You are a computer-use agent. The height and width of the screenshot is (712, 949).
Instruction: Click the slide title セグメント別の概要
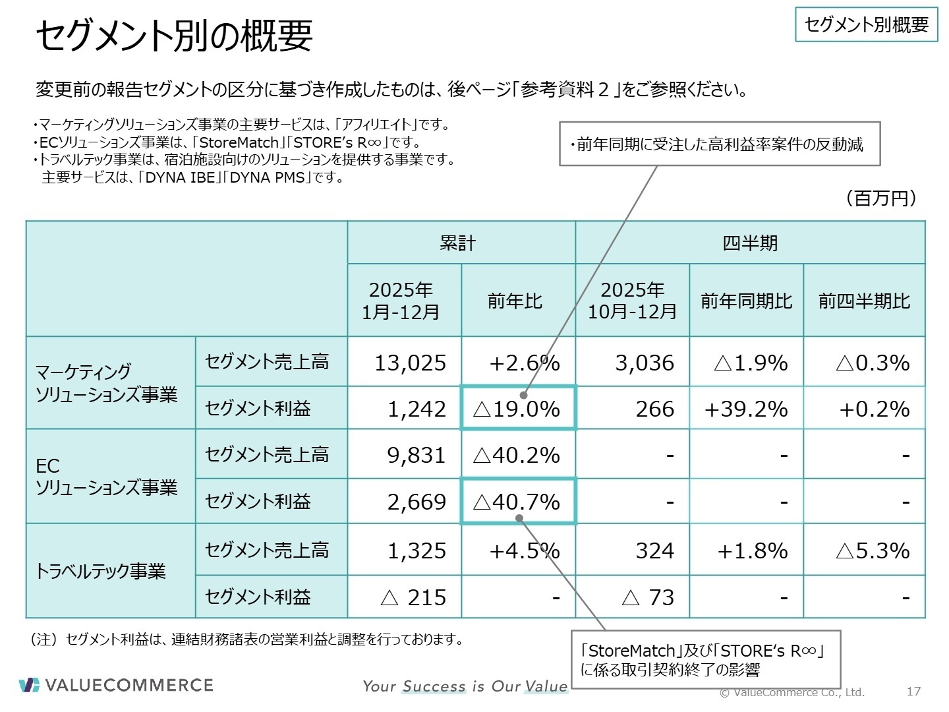point(174,36)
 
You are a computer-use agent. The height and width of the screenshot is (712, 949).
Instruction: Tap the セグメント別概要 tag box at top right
point(866,25)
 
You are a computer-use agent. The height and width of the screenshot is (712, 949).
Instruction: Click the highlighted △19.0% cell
point(518,409)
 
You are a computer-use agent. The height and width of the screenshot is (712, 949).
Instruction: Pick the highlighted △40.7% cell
point(518,502)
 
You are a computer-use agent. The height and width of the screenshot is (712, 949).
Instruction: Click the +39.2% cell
point(746,409)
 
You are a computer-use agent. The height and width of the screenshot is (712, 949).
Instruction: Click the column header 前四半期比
point(864,301)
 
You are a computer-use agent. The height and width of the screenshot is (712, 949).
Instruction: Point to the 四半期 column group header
point(750,243)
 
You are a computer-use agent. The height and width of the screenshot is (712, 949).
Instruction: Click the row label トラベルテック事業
point(101,571)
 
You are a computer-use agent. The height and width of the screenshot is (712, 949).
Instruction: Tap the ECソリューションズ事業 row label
point(105,477)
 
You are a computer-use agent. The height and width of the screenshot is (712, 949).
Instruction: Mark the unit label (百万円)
point(880,198)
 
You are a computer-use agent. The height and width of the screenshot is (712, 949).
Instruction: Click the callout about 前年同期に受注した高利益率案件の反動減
point(720,144)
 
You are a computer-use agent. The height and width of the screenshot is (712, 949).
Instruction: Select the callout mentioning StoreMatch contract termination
point(705,660)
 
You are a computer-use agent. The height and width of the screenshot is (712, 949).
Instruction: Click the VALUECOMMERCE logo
point(116,685)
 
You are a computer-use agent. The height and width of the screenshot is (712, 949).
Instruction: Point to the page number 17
point(913,691)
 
